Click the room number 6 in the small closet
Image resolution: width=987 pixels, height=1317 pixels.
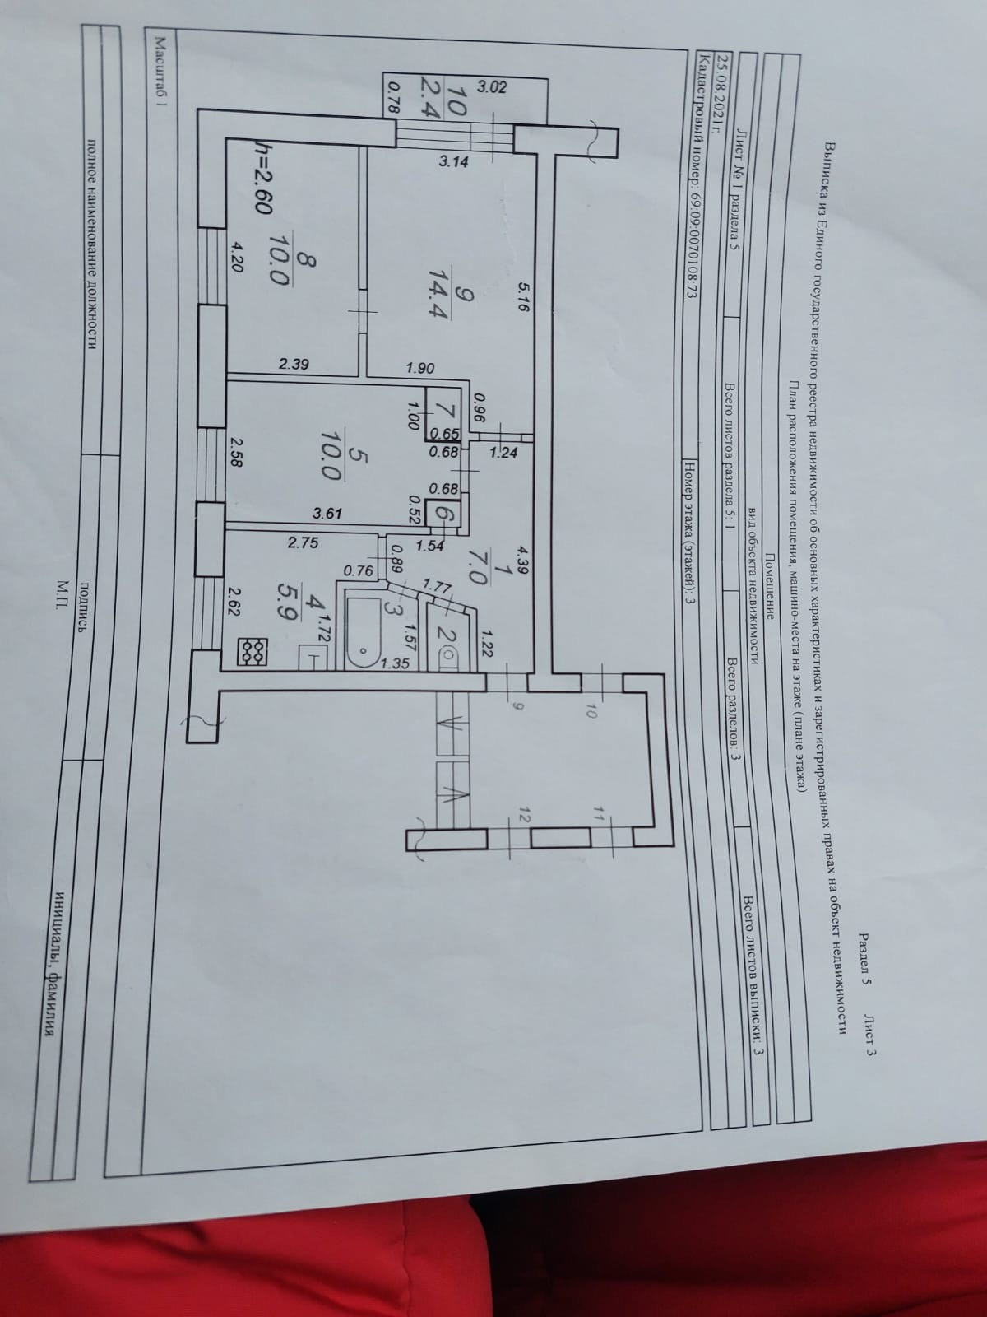pos(445,514)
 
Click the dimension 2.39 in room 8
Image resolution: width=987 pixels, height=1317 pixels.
pos(294,365)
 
